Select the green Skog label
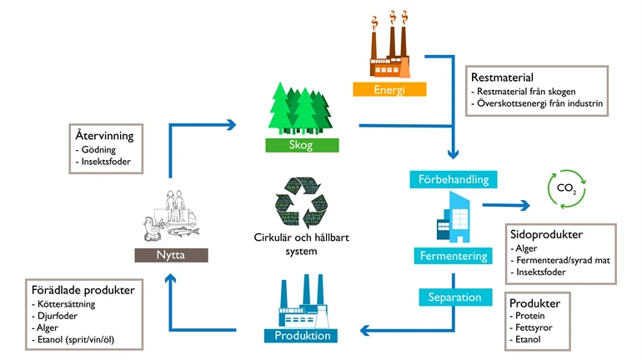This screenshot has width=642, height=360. click(302, 145)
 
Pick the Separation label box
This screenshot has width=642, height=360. click(454, 296)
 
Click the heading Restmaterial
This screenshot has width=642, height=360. click(502, 77)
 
